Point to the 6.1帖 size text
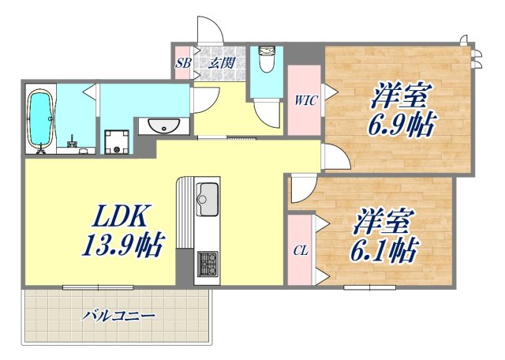[385, 250]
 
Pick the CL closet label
[301, 252]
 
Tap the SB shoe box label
[183, 63]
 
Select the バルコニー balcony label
[118, 315]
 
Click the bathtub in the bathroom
[40, 119]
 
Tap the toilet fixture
[266, 61]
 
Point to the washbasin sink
[165, 126]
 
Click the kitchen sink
[208, 196]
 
